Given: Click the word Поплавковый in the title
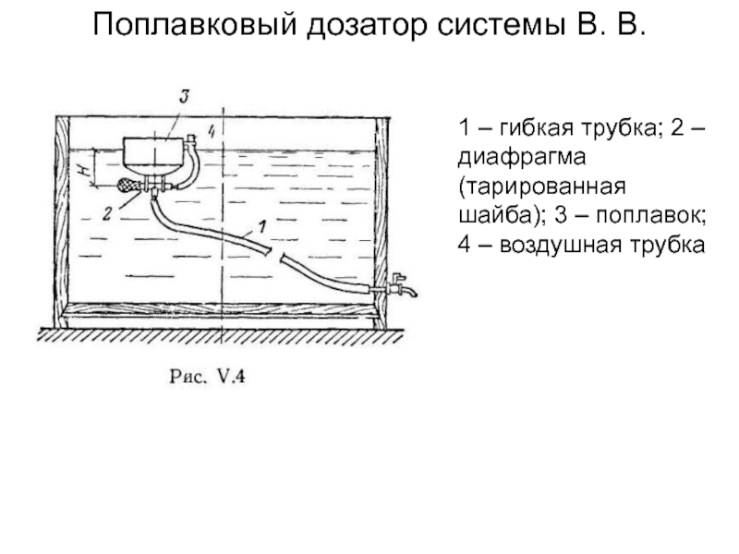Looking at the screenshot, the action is [x=195, y=25].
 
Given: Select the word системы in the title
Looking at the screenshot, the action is [x=501, y=25].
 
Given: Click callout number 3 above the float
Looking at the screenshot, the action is [x=184, y=97].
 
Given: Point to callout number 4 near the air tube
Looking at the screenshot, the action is [x=212, y=130].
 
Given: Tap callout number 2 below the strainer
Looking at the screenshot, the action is [x=107, y=213].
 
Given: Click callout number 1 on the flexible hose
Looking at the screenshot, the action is [x=262, y=227].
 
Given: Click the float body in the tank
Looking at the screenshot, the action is [x=153, y=153].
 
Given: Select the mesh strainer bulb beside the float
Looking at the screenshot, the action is [x=128, y=186].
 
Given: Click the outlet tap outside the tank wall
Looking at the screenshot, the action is [x=401, y=285].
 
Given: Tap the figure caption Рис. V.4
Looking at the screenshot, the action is [x=207, y=377].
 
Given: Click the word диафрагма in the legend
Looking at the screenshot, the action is [x=522, y=157].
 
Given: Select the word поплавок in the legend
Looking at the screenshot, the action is [x=650, y=215].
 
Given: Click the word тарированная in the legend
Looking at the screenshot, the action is [x=542, y=187].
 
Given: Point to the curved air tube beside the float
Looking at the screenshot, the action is [x=190, y=163].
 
